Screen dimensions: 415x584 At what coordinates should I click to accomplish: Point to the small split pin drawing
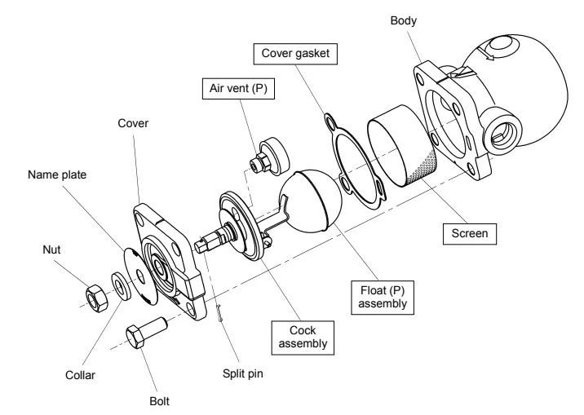coord(221,311)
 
